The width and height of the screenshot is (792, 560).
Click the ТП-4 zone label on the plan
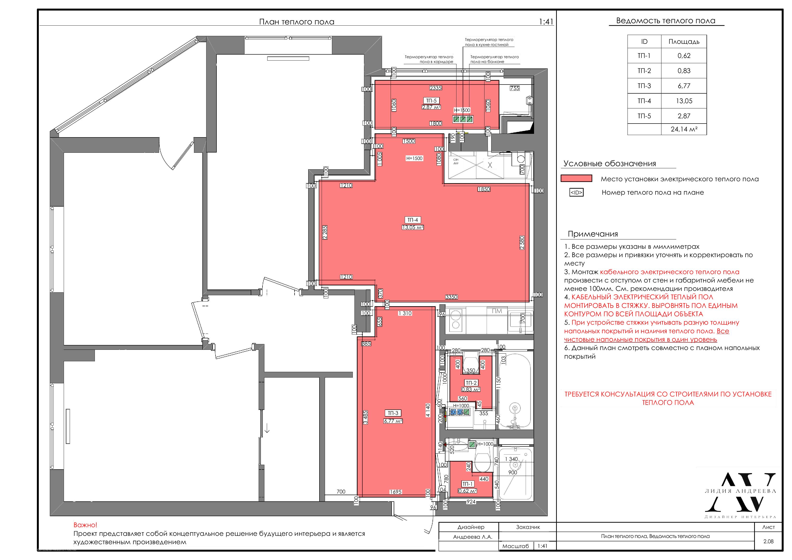pyautogui.click(x=413, y=220)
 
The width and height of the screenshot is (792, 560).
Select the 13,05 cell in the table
pyautogui.click(x=684, y=101)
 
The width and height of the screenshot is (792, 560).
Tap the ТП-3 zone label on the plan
pyautogui.click(x=393, y=413)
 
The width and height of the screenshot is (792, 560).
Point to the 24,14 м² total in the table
pyautogui.click(x=684, y=129)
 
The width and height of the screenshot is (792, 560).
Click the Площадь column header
pyautogui.click(x=684, y=42)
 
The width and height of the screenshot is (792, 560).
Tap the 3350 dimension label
pyautogui.click(x=451, y=297)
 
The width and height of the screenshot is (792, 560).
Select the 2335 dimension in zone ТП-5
pyautogui.click(x=436, y=88)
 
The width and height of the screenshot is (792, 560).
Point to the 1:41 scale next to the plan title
pyautogui.click(x=546, y=22)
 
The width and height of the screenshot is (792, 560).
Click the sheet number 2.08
pyautogui.click(x=768, y=541)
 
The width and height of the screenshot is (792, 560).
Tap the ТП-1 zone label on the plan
pyautogui.click(x=467, y=484)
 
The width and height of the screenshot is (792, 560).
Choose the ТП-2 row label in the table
pyautogui.click(x=644, y=71)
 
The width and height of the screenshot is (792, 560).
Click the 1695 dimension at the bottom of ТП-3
pyautogui.click(x=396, y=492)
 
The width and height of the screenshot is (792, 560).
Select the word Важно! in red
pyautogui.click(x=85, y=525)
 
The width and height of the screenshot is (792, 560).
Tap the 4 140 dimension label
pyautogui.click(x=428, y=410)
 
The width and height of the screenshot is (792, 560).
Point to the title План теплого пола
pyautogui.click(x=297, y=22)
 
